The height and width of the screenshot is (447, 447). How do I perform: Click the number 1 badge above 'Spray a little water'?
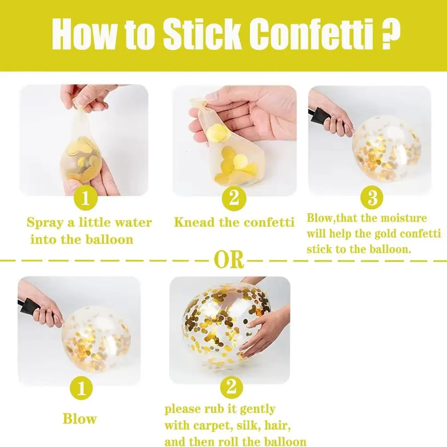point(86,198)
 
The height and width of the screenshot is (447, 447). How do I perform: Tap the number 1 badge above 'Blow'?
point(82,388)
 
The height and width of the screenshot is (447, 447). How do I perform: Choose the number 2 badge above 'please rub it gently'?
point(231,388)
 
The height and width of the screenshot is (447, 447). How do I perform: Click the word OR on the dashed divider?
point(229,260)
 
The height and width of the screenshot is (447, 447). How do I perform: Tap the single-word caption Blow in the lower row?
point(79,419)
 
